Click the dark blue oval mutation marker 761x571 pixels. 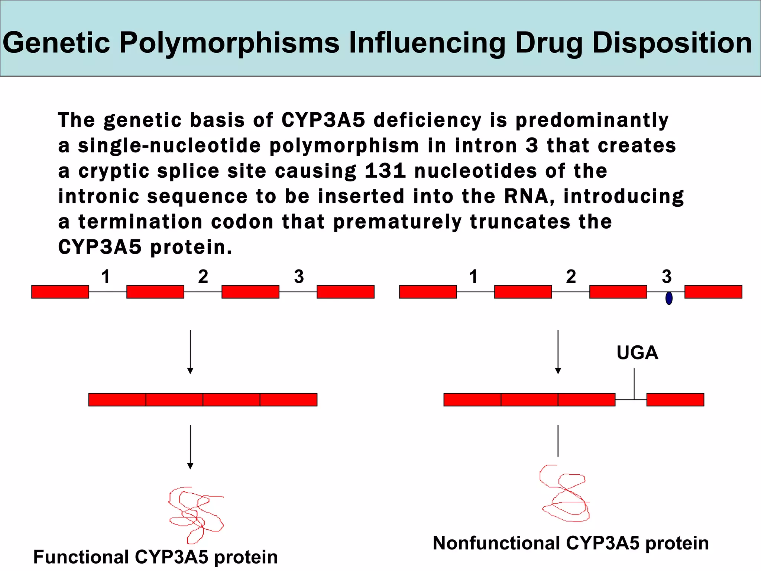(x=669, y=298)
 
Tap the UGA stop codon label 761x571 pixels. (x=637, y=352)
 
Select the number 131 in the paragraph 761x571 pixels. (x=385, y=171)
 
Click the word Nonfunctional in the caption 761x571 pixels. (x=496, y=543)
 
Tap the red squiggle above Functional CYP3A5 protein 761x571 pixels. (x=195, y=514)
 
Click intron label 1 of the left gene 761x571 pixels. (x=106, y=277)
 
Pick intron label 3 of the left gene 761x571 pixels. (x=299, y=277)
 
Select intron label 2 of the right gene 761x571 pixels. (x=571, y=277)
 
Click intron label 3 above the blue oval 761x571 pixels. (x=667, y=277)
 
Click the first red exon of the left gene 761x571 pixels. (x=60, y=292)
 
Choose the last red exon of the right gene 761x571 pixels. (x=713, y=292)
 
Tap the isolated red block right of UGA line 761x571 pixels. (x=675, y=400)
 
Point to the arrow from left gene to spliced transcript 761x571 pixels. (x=190, y=352)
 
